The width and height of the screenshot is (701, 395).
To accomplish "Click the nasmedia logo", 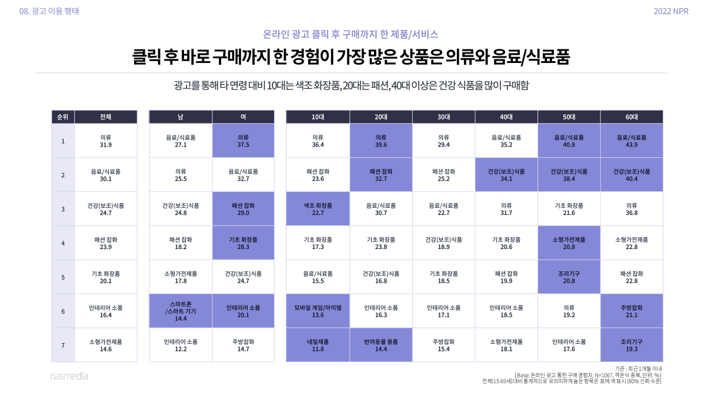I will point(68,376).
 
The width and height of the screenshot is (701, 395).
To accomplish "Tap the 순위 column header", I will point(62,117).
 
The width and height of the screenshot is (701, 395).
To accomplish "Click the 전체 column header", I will point(106,117).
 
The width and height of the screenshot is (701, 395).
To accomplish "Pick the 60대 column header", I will point(632,117).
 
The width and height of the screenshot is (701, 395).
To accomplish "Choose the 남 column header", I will point(181,117).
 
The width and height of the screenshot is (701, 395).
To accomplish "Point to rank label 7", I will point(62,344).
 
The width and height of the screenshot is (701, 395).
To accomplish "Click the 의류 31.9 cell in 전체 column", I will point(106,141).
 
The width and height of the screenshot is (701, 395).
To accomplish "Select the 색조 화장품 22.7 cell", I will point(318,209).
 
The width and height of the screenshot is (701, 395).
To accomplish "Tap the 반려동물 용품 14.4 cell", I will point(380,345).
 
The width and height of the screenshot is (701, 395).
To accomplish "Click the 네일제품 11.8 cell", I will point(318,345).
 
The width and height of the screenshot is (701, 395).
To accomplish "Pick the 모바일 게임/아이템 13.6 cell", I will point(318,311).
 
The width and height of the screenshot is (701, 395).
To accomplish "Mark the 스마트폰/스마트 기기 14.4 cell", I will point(181,311).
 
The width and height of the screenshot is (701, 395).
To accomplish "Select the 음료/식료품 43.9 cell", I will point(632,141).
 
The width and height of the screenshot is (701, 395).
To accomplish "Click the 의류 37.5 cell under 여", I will point(243,141).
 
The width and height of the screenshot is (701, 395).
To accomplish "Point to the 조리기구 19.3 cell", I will point(632,345).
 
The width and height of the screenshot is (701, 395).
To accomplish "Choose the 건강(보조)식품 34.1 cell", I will point(506,175).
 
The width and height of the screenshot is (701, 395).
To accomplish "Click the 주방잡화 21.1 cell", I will point(632,311).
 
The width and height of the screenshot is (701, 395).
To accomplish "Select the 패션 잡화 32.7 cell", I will point(380,175).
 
